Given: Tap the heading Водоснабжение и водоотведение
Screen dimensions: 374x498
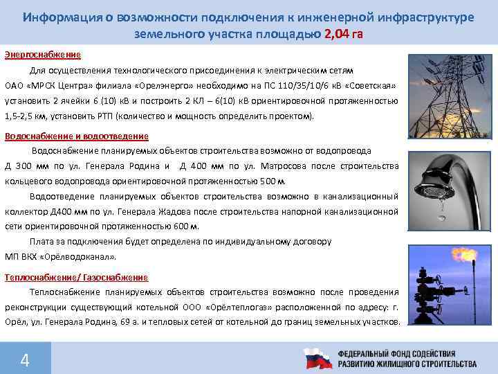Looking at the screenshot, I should [x=76, y=136].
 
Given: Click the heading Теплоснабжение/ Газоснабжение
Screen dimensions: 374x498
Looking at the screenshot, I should [x=76, y=277].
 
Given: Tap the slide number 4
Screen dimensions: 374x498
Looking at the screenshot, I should [x=25, y=360].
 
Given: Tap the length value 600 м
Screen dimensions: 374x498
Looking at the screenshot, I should [x=186, y=226].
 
